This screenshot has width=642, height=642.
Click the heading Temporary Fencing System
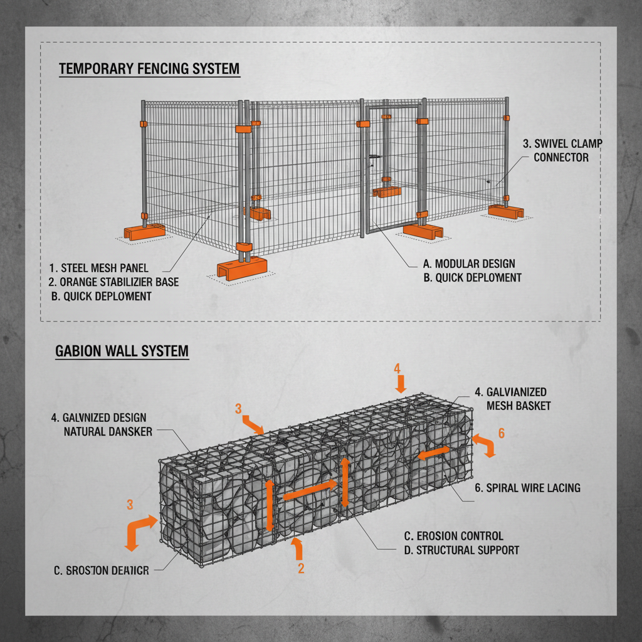(149, 69)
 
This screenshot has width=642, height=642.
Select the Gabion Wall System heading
(122, 351)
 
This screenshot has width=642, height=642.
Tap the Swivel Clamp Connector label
(562, 150)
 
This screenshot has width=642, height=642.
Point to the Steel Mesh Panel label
(99, 268)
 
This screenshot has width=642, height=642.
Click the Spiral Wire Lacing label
(534, 488)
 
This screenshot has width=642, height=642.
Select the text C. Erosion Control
(453, 536)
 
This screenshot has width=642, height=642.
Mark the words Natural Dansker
(108, 431)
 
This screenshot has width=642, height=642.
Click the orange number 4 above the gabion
(397, 369)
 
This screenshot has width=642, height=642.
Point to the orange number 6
(501, 433)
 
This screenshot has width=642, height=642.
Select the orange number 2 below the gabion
(301, 569)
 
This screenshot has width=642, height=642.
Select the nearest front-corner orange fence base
(241, 267)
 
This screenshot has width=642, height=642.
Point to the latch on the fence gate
(374, 157)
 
